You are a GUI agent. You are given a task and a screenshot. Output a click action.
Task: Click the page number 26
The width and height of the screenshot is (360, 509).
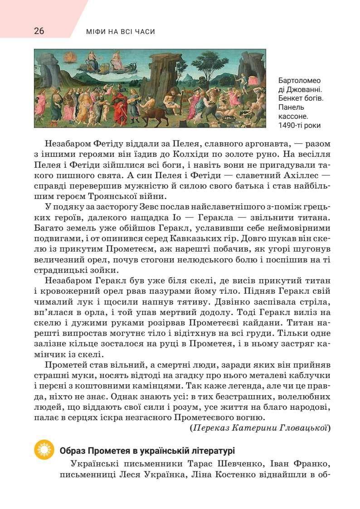click(39, 31)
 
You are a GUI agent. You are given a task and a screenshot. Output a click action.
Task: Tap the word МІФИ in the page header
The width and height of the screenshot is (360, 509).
click(96, 32)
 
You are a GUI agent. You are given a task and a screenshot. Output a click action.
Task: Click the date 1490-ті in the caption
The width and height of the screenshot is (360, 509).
click(290, 126)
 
